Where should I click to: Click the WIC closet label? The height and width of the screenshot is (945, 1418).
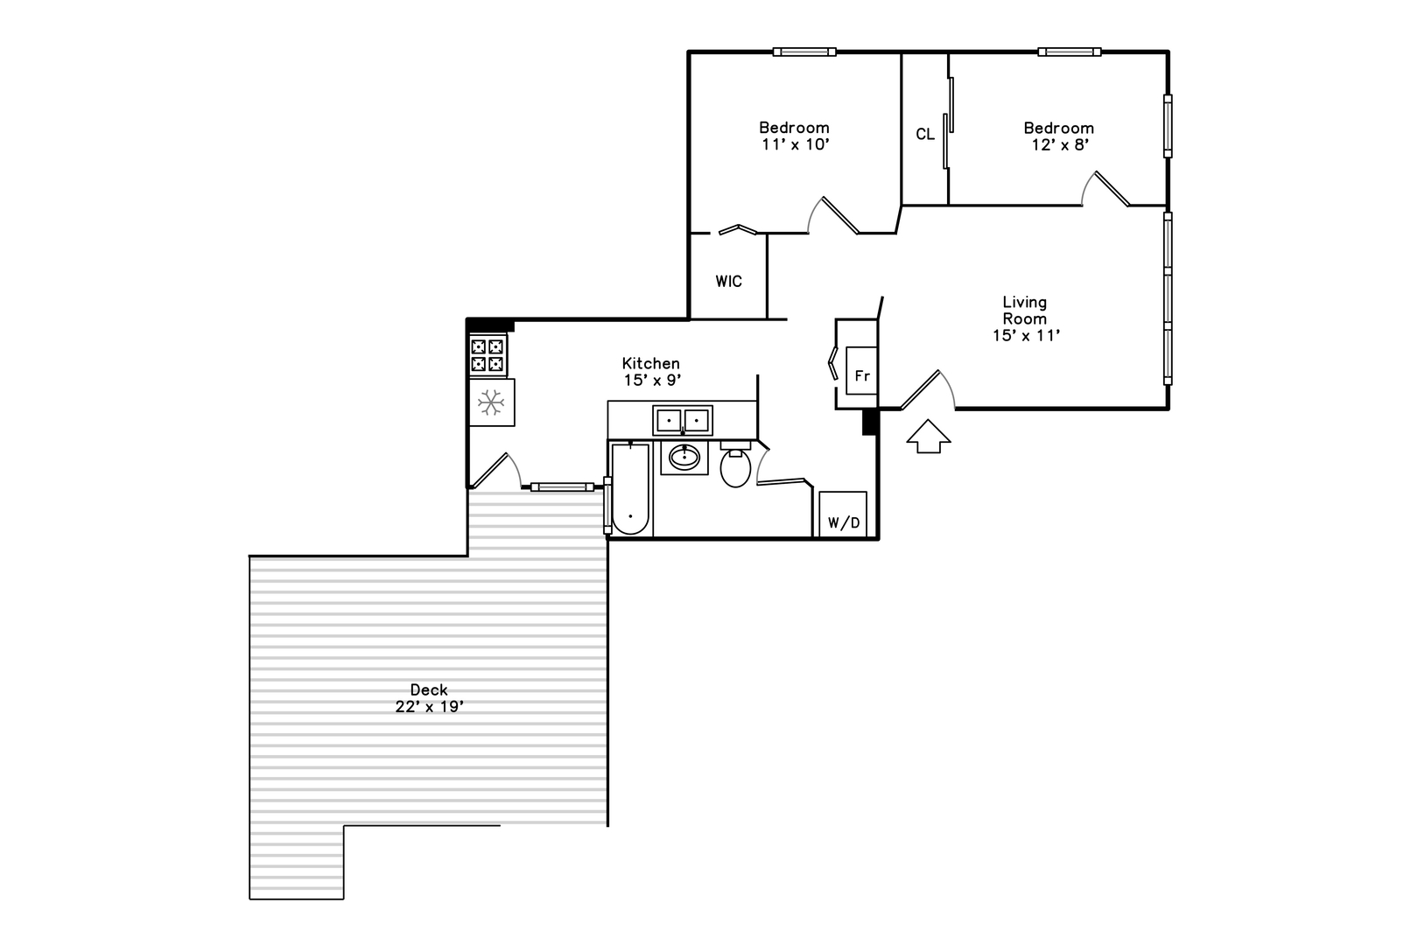pyautogui.click(x=728, y=282)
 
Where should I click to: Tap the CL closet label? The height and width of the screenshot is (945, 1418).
pyautogui.click(x=925, y=134)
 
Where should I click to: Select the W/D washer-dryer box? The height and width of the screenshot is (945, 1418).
pyautogui.click(x=843, y=514)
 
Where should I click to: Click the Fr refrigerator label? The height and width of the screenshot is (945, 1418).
pyautogui.click(x=862, y=376)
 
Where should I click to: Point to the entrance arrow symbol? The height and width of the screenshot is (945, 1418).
pyautogui.click(x=929, y=436)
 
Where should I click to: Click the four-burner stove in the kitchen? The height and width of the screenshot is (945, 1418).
pyautogui.click(x=488, y=355)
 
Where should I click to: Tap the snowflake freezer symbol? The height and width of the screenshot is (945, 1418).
pyautogui.click(x=490, y=402)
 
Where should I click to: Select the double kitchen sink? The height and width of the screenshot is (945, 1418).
pyautogui.click(x=683, y=421)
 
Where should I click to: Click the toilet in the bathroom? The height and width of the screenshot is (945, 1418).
pyautogui.click(x=735, y=465)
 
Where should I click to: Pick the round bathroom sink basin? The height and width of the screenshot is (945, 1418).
pyautogui.click(x=684, y=457)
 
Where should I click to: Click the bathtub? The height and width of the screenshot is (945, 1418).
pyautogui.click(x=630, y=488)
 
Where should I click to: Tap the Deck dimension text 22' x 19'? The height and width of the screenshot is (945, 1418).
pyautogui.click(x=430, y=707)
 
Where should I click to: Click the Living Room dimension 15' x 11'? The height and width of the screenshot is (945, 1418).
pyautogui.click(x=1026, y=335)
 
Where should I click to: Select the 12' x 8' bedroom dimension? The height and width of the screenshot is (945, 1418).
pyautogui.click(x=1060, y=145)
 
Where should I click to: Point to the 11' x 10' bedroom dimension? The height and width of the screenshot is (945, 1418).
pyautogui.click(x=796, y=145)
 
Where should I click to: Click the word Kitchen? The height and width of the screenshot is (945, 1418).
pyautogui.click(x=650, y=363)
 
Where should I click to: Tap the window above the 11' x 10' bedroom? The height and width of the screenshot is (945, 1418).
pyautogui.click(x=804, y=52)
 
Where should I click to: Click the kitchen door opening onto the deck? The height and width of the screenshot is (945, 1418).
pyautogui.click(x=496, y=471)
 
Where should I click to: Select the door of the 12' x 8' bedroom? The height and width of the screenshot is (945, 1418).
pyautogui.click(x=1106, y=189)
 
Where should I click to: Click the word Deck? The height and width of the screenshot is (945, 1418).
pyautogui.click(x=429, y=689)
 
